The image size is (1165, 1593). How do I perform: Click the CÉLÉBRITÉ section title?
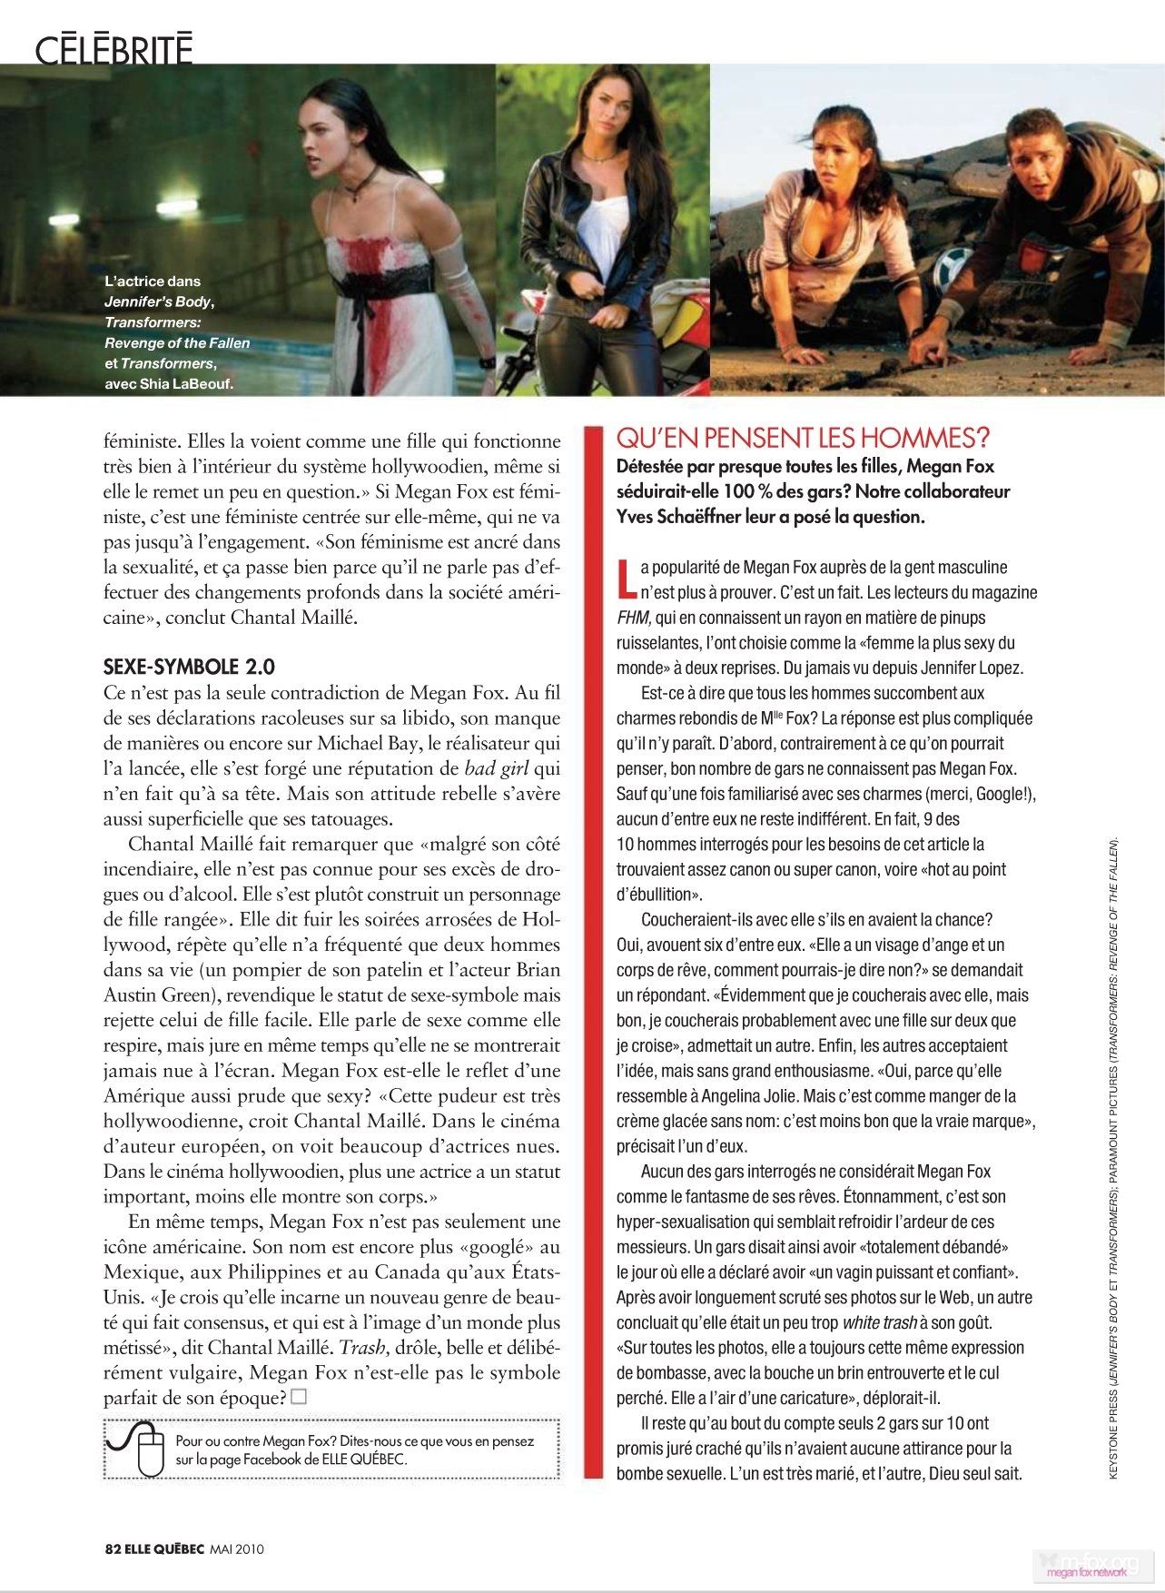114,49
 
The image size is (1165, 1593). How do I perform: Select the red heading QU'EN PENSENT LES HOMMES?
803,439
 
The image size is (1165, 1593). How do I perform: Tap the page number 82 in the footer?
113,1548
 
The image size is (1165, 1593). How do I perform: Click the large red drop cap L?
625,578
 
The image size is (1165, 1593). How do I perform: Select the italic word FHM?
633,618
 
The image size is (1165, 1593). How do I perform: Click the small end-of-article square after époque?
299,1396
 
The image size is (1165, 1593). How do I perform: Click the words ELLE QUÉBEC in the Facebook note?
364,1459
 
